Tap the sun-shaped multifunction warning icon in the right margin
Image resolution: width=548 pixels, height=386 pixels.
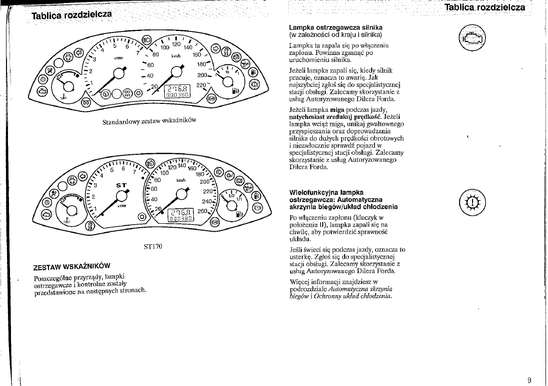pos(472,202)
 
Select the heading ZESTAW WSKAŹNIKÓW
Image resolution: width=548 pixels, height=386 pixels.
pos(71,267)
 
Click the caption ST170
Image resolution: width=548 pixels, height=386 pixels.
pos(153,246)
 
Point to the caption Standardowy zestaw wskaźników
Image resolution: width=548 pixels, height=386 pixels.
pos(149,121)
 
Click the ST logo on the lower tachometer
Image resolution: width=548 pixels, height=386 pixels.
pos(121,185)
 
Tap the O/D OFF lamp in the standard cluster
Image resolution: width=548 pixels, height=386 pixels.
pos(127,93)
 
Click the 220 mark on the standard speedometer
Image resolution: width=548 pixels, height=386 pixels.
pos(201,85)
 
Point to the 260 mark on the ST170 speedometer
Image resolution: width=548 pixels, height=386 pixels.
pos(203,211)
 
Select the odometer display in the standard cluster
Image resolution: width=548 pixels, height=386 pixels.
pos(178,91)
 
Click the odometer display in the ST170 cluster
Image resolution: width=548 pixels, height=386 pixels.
pos(181,215)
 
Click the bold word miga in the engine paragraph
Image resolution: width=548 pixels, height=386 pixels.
pos(337,110)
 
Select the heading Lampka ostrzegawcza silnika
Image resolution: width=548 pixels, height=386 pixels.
pos(336,27)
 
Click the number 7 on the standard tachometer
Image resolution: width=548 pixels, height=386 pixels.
pos(138,53)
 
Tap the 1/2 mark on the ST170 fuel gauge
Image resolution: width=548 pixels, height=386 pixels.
pos(231,196)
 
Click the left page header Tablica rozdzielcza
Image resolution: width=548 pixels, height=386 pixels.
pos(71,15)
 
